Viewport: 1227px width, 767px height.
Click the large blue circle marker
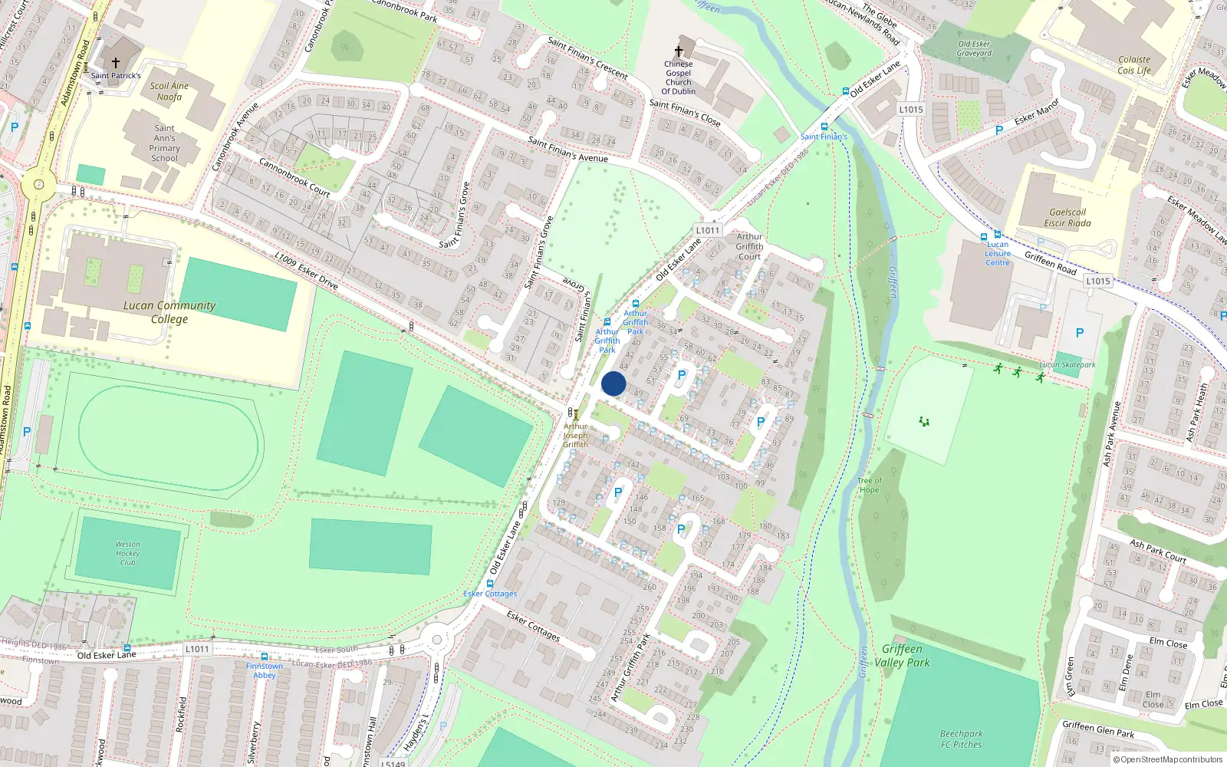click(x=613, y=383)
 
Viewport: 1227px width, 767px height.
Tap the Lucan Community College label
click(x=169, y=312)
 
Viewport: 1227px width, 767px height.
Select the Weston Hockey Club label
click(x=128, y=553)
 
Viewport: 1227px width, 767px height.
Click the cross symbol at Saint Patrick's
click(x=116, y=63)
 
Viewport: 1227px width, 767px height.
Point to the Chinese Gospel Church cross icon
click(x=679, y=51)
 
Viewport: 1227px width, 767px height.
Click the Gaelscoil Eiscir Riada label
click(x=1067, y=218)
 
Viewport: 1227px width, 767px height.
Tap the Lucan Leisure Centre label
click(x=998, y=254)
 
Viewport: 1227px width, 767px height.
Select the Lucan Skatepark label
click(x=1067, y=365)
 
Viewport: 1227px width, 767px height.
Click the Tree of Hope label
click(x=870, y=486)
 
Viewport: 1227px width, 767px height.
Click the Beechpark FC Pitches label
click(x=962, y=739)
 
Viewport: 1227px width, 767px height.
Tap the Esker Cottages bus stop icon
click(x=490, y=584)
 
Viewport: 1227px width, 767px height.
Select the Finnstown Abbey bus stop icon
click(x=265, y=657)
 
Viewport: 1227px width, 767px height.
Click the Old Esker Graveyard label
click(x=974, y=48)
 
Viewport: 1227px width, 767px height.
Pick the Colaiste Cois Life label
click(x=1134, y=65)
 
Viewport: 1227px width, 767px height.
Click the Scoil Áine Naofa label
click(x=169, y=91)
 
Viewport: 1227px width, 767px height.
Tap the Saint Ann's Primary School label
click(x=165, y=143)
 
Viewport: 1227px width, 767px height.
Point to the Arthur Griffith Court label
click(x=749, y=246)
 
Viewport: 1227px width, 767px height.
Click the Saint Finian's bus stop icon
click(x=824, y=127)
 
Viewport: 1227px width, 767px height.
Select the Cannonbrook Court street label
click(x=294, y=177)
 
